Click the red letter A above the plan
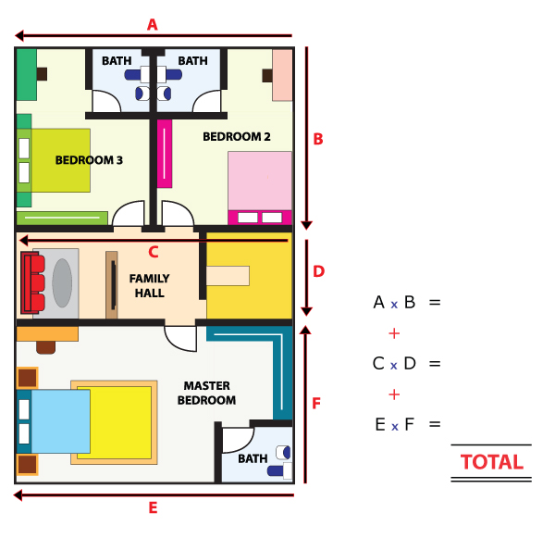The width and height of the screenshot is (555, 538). [153, 25]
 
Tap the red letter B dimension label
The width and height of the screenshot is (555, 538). [318, 139]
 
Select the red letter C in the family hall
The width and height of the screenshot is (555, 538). [154, 252]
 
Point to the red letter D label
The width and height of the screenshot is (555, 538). [318, 271]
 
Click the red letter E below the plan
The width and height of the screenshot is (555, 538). [153, 507]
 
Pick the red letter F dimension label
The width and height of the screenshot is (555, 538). [316, 404]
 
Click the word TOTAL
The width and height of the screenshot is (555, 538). [492, 462]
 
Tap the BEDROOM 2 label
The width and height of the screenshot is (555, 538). [237, 136]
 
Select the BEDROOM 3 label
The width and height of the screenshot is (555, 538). [89, 160]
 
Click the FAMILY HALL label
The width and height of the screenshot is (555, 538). [149, 285]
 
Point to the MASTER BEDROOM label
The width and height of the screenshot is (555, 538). [206, 393]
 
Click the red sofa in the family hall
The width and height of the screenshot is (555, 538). [32, 282]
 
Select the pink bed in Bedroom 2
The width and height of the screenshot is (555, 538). [260, 188]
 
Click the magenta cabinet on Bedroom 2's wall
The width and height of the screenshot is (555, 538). [165, 154]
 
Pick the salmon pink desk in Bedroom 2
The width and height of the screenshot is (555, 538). [282, 75]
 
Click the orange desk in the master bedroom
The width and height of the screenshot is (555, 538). [47, 334]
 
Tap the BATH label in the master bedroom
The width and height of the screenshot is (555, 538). [253, 458]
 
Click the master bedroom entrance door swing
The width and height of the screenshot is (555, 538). [180, 339]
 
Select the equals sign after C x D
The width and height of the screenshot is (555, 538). [435, 364]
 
